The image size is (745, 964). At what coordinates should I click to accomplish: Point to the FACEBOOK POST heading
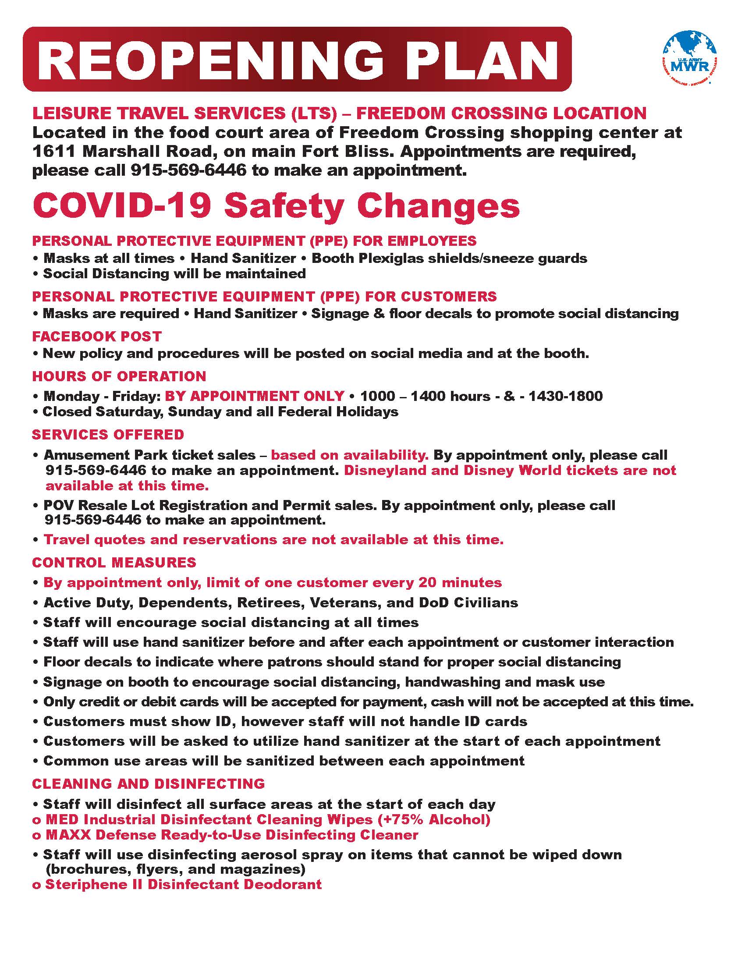pos(97,337)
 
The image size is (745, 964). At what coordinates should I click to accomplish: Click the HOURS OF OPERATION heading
pos(119,376)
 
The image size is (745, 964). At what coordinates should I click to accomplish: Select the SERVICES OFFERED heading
pos(108,434)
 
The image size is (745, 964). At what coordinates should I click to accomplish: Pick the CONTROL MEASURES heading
pos(114,562)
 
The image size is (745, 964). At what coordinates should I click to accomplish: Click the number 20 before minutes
pos(428,583)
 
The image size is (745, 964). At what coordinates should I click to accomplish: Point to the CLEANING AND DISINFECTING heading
pos(148,783)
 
